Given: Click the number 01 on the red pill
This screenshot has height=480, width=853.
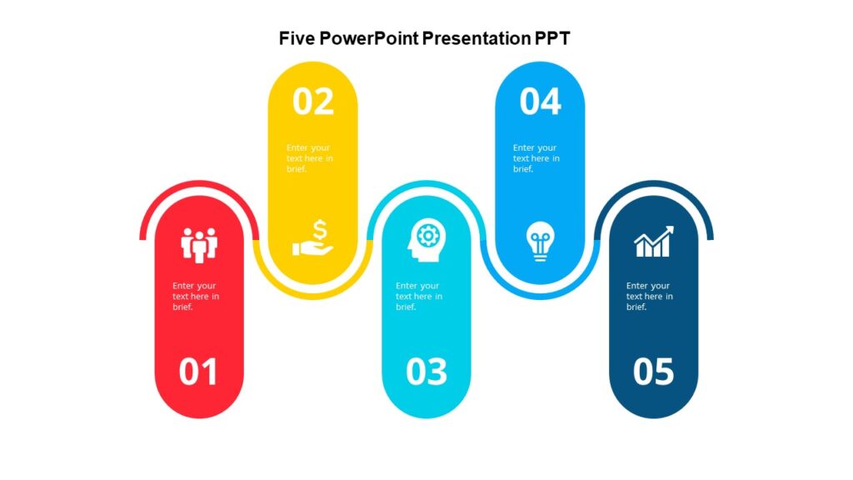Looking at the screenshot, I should point(198,372).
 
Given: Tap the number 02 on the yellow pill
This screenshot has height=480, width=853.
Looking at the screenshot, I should point(313,102).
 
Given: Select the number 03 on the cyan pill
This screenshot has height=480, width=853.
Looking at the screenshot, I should point(426,372).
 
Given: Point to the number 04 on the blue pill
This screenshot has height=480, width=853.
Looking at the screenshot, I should point(540,102).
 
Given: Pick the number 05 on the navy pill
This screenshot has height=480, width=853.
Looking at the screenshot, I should point(653,372).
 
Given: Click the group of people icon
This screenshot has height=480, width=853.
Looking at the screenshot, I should point(199,243).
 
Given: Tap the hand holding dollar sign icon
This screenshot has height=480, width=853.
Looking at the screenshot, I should point(313,238).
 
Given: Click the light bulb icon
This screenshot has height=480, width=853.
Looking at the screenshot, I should point(539,241).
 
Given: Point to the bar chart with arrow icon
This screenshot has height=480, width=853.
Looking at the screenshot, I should point(654,242).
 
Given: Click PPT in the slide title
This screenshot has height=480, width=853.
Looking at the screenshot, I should point(552,38).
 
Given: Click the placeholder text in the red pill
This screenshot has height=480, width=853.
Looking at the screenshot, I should point(196,296).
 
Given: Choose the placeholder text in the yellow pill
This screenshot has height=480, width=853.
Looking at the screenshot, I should point(310,158).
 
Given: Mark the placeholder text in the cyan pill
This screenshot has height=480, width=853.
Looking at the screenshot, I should point(419,296).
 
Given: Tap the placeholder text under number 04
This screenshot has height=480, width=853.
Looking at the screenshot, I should point(536,158).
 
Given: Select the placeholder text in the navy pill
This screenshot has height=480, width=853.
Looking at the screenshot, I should point(650,296).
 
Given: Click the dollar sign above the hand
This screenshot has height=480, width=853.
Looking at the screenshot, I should point(322,228).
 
